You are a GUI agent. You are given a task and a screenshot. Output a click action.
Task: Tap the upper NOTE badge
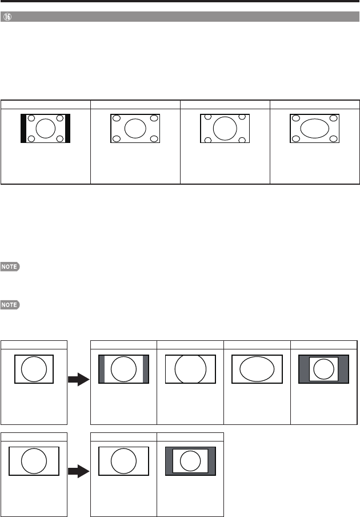tap(11, 267)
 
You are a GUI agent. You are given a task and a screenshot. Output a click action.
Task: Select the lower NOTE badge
tap(11, 305)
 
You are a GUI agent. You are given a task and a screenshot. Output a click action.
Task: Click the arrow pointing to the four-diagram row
tap(78, 379)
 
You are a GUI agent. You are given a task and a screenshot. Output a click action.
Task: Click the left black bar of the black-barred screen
tap(23, 128)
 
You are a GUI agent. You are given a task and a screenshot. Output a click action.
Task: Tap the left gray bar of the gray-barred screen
tap(102, 369)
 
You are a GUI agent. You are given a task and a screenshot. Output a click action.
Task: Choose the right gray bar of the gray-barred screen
tap(146, 369)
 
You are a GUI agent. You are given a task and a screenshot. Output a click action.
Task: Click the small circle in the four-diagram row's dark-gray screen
tap(323, 369)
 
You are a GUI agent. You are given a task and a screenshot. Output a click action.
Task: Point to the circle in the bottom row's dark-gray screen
tap(190, 460)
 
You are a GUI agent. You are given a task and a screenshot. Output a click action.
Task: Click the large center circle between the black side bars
tap(45, 127)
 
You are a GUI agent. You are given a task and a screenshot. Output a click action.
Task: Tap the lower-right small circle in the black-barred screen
tap(59, 139)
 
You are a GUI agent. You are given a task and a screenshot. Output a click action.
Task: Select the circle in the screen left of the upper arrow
tap(34, 369)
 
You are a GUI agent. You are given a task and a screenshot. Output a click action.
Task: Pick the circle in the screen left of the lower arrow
tap(34, 461)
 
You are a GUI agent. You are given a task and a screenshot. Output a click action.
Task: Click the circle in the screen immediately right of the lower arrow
tap(124, 461)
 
